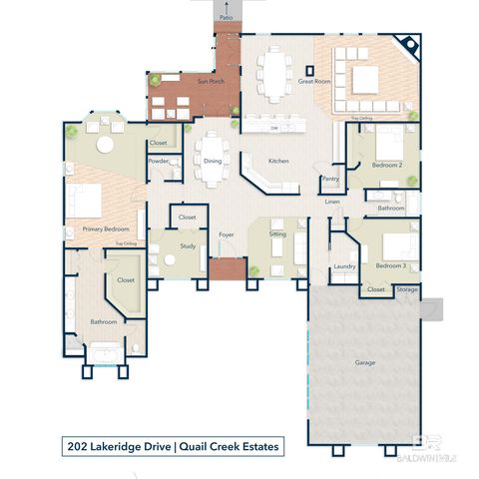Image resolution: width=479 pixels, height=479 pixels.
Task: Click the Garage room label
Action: point(365,362)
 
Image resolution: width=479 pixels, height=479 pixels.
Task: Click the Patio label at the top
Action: point(227,18)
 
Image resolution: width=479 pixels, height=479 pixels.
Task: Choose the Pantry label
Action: point(329,181)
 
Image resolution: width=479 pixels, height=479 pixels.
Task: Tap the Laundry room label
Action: point(345,266)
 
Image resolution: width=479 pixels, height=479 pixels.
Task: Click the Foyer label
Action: point(227,235)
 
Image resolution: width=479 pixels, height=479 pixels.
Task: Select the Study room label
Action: point(187,244)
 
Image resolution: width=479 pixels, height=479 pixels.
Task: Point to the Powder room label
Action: point(157,161)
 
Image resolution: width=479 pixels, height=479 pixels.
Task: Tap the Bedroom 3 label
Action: point(390,266)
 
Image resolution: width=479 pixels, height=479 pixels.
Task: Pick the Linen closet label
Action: point(332,203)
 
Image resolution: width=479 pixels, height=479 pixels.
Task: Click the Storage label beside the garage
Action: point(406,289)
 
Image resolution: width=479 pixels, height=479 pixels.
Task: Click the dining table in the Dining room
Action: point(213,161)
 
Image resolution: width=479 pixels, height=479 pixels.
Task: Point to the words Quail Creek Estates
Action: point(230,446)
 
